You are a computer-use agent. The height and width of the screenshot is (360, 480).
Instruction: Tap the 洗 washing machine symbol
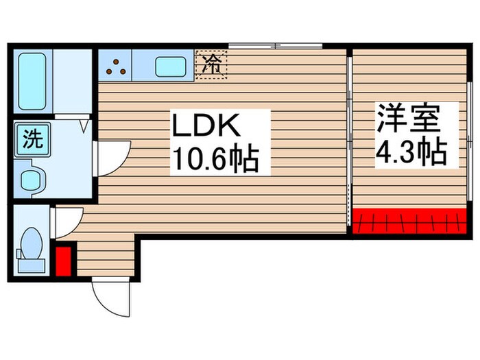click(32, 140)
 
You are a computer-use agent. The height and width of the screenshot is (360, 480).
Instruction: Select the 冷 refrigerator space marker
click(211, 65)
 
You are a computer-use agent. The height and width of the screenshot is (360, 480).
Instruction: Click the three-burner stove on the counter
click(115, 66)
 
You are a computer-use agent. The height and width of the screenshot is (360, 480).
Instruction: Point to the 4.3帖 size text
click(409, 151)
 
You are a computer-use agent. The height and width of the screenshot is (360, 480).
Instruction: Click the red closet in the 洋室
click(409, 219)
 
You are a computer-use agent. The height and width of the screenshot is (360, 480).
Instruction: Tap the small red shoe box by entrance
click(63, 261)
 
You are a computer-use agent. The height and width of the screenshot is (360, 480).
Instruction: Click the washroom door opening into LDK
click(112, 157)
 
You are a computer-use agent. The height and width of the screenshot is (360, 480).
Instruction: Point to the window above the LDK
click(274, 47)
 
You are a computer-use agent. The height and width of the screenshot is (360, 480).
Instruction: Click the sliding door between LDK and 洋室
click(350, 137)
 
